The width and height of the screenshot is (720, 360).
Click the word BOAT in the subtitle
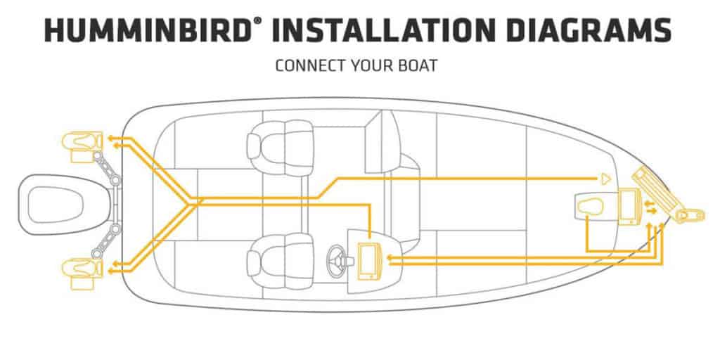(x=418, y=67)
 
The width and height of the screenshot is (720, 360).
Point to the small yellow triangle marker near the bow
(x=604, y=179)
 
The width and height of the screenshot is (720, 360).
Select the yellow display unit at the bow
(x=628, y=207)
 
